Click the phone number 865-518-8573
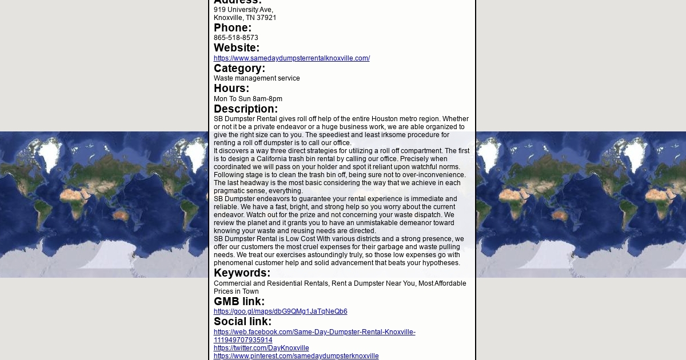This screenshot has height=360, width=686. pos(236,38)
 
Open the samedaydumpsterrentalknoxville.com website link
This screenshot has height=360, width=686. pos(292,58)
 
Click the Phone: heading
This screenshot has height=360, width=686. pos(232,28)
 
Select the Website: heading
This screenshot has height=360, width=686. pos(236,48)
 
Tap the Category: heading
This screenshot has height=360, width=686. pos(239,69)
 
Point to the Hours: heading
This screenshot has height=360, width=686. pos(231,89)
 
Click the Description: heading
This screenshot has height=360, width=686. pos(245,109)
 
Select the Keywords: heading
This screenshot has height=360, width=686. pos(242,273)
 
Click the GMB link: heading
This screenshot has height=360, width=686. pos(239,302)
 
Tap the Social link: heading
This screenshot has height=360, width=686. pos(242,322)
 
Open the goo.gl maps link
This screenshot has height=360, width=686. pos(280,311)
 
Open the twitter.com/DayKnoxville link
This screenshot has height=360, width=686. pos(261,348)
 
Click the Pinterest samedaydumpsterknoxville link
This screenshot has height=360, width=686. pos(296,356)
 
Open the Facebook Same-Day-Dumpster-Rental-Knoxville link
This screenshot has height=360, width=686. pos(314,332)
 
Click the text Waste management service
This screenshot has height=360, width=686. pos(257,78)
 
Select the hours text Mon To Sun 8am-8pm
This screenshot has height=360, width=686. pos(248,99)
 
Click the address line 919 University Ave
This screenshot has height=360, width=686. pos(243,10)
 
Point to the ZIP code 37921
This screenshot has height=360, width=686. pos(266,18)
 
